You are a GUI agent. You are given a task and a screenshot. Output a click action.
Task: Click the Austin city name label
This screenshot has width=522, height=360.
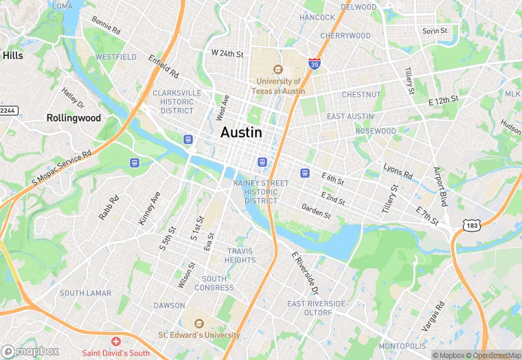241,133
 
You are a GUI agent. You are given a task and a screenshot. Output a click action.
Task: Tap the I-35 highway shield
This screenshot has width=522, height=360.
313,64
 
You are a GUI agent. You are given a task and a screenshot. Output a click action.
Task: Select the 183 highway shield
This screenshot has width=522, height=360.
471,225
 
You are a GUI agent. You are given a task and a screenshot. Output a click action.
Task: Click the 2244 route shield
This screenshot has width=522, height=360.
8,111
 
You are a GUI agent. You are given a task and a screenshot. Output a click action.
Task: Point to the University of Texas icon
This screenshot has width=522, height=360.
278,69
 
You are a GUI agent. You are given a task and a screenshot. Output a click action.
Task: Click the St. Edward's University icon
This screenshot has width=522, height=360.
199,324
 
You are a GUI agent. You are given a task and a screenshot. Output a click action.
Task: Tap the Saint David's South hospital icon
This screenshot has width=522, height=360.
116,341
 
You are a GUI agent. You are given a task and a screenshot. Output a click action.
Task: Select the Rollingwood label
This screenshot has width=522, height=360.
73,118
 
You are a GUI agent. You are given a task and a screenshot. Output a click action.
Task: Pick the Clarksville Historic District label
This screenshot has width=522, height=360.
177,102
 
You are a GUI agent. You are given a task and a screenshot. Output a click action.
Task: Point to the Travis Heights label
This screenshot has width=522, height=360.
240,256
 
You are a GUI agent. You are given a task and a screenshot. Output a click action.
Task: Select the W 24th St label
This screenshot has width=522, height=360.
227,53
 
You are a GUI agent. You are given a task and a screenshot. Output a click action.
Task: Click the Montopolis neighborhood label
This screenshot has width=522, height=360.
403,346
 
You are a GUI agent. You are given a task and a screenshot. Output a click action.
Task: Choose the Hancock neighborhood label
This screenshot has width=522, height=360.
317,17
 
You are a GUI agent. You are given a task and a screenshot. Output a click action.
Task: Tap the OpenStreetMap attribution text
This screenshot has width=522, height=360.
492,355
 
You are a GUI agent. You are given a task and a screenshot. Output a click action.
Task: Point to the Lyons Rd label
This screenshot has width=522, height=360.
398,172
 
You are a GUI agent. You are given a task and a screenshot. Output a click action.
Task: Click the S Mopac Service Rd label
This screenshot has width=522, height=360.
62,168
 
